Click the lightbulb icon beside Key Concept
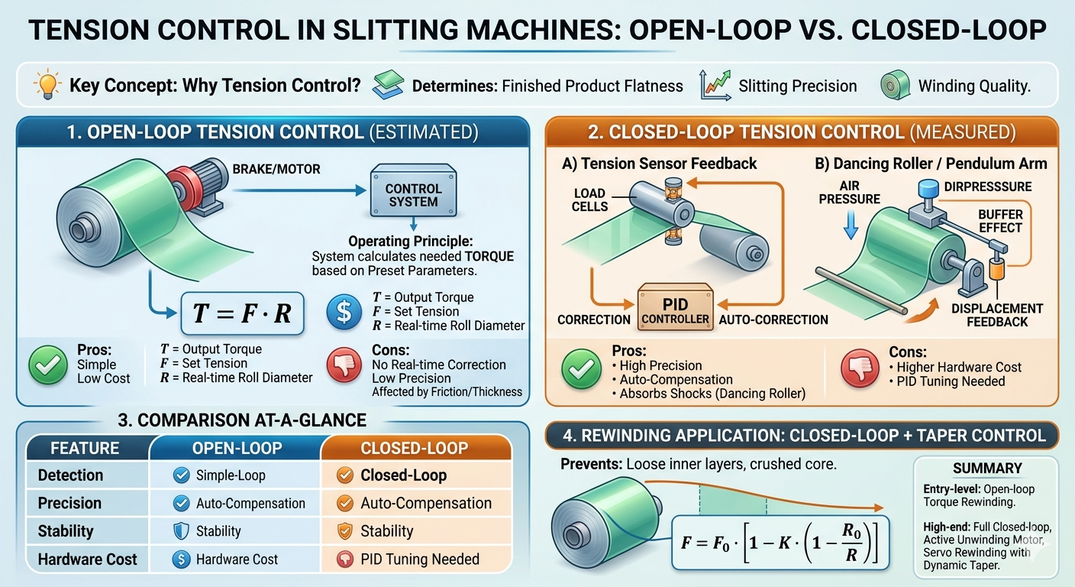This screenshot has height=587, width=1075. click(47, 85)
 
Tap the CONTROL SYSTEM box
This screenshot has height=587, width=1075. click(413, 195)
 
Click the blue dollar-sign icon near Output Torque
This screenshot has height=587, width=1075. click(343, 312)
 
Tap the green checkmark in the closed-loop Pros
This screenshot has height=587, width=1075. click(581, 370)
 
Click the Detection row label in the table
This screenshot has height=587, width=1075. click(70, 475)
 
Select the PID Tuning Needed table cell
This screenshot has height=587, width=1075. click(419, 559)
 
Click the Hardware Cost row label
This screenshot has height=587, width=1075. click(87, 559)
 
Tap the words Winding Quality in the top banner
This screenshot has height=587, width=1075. click(974, 86)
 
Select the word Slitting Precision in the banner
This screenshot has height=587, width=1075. click(797, 86)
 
